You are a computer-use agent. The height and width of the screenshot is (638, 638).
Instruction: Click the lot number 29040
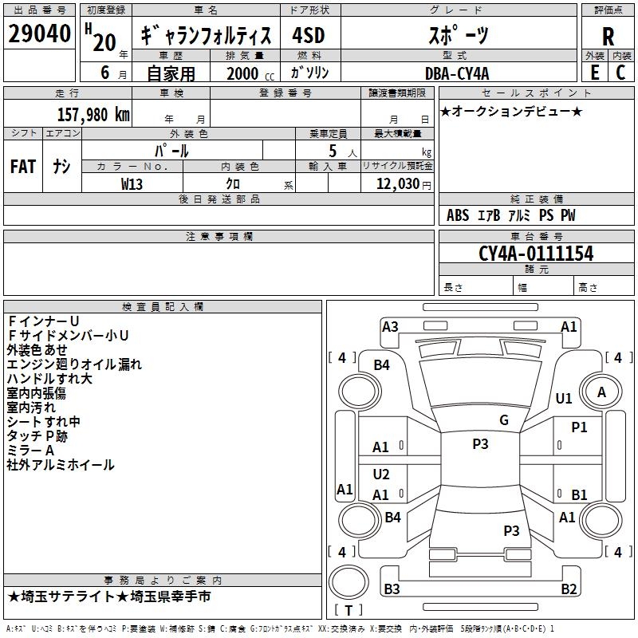pos(39,35)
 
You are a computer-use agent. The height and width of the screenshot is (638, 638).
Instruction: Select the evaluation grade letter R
pos(608,37)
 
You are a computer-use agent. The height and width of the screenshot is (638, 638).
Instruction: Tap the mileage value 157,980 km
pos(93,114)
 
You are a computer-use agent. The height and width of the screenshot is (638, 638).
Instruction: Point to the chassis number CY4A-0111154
pos(536,254)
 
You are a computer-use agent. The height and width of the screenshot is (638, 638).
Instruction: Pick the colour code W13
pos(132,183)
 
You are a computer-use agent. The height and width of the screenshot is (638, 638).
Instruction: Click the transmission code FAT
pos(23,167)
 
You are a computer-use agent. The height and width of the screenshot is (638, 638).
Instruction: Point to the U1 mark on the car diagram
pos(564,398)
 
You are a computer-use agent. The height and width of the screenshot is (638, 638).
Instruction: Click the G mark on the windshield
pos(504,420)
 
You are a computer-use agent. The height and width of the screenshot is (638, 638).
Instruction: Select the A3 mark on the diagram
pos(390,326)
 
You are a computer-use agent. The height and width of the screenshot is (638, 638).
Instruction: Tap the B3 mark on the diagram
pos(392,589)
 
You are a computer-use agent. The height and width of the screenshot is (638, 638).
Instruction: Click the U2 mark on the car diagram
pos(381,475)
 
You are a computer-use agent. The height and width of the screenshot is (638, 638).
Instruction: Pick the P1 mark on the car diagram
pos(579,427)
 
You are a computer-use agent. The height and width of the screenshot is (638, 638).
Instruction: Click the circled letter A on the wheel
pos(602,392)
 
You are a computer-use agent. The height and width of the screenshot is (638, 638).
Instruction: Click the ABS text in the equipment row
pos(458,215)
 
